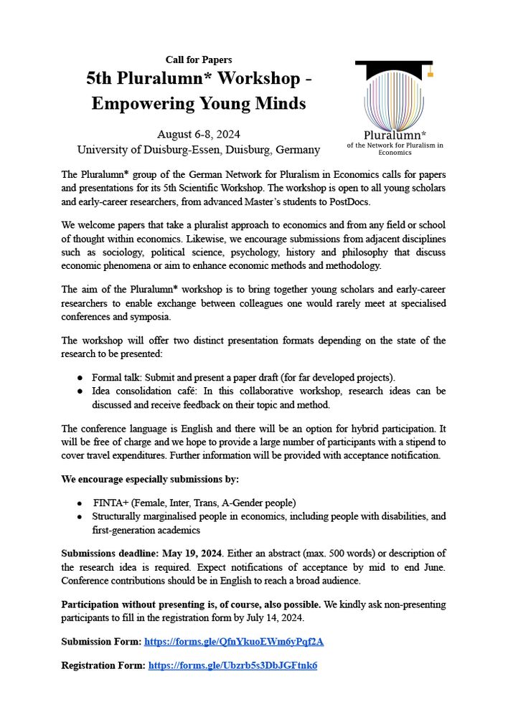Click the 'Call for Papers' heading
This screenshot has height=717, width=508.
pos(199,60)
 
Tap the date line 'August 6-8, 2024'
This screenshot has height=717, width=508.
pos(199,134)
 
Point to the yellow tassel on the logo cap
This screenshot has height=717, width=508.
pos(430,72)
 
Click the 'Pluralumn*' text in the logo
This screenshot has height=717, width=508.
pos(395,134)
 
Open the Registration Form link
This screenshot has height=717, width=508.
pos(232,665)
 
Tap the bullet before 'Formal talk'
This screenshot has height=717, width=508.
pos(80,377)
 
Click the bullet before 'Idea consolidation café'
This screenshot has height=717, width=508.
pos(80,391)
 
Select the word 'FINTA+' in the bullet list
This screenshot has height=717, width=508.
pos(110,503)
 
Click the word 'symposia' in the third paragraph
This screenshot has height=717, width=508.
pos(149,316)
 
